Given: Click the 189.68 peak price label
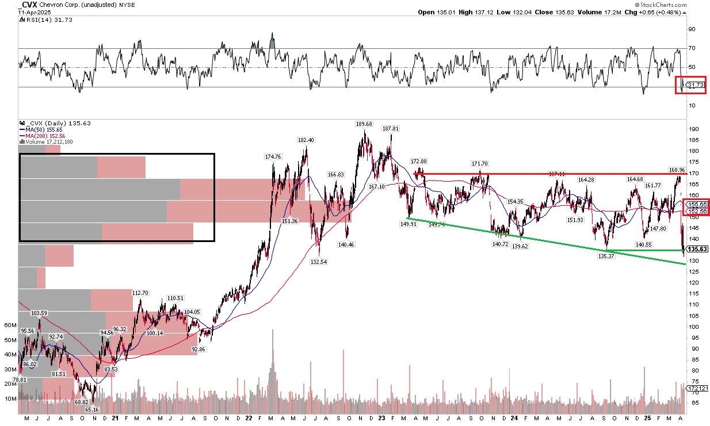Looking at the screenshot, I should [364, 124].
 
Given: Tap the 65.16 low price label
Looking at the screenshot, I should [92, 409].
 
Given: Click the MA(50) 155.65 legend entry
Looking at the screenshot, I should [42, 130].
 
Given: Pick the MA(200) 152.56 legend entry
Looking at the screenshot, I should [44, 136].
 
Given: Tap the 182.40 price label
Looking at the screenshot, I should [306, 140].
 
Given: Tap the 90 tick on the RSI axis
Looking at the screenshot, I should [693, 29].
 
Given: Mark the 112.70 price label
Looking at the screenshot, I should [140, 293].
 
